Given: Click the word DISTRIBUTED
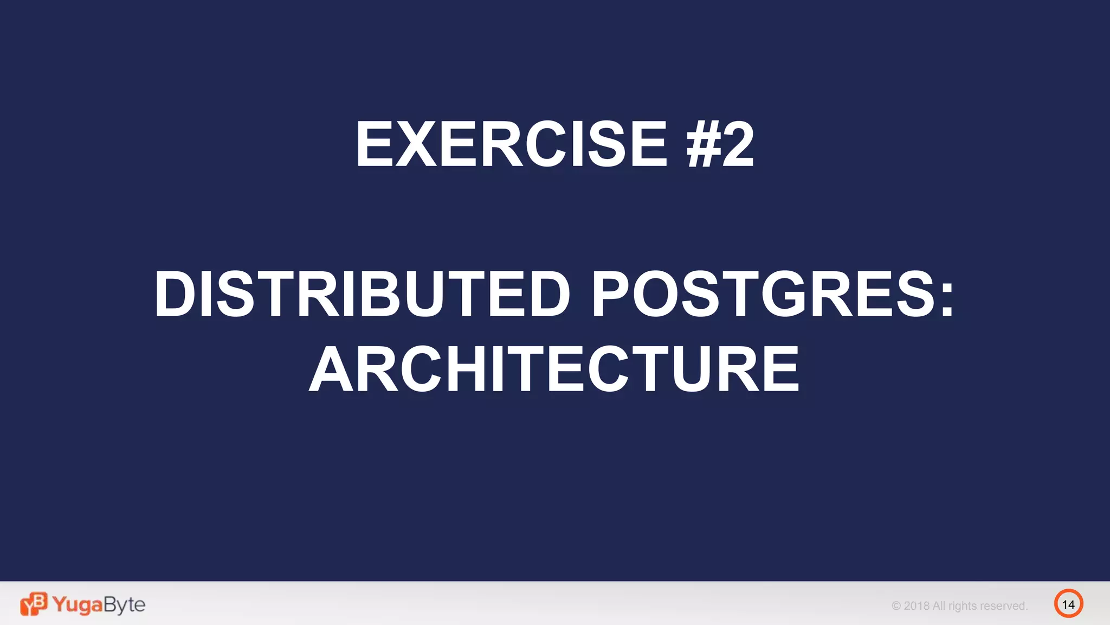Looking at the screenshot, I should click(362, 294).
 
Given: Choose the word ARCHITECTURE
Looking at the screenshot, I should click(554, 369).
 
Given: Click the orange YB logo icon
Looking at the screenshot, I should click(34, 604).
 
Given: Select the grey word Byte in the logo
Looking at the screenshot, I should click(124, 605).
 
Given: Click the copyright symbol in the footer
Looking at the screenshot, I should click(896, 606).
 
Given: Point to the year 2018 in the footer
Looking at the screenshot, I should click(917, 606).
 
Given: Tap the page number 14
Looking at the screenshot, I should click(1068, 604).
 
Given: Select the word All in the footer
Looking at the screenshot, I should click(939, 606).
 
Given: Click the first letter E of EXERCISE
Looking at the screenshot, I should click(374, 144).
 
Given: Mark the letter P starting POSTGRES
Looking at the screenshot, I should click(610, 294).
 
